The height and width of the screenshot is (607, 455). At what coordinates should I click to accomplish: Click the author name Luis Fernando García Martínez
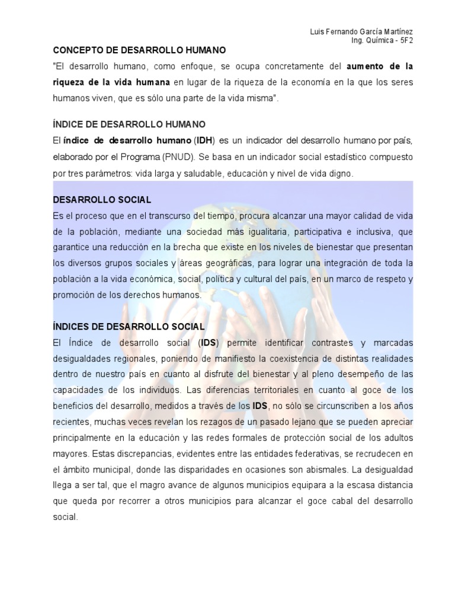tap(362, 31)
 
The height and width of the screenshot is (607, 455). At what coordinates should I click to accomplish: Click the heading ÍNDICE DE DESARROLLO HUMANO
tap(129, 124)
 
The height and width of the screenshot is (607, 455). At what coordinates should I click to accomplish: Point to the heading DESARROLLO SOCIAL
tap(102, 199)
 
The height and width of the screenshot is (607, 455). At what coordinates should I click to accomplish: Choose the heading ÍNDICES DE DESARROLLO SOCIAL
tap(129, 327)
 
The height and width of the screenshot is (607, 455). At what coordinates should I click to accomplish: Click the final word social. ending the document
tap(65, 516)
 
